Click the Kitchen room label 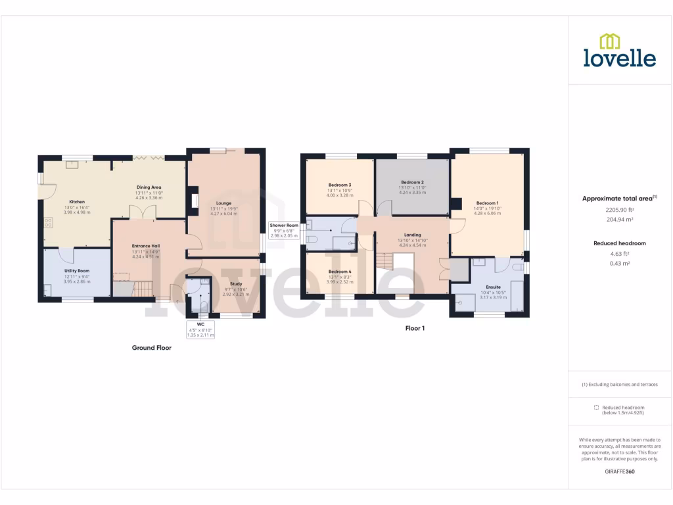77,202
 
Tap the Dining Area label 149,187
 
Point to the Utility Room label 77,270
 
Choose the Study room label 235,284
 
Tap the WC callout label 201,324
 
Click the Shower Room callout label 284,225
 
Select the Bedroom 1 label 488,203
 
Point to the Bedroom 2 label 412,182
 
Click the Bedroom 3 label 340,185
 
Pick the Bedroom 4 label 340,272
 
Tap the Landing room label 412,235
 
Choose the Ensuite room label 493,287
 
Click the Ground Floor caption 152,348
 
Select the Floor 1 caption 415,328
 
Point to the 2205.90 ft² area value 619,210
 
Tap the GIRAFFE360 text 620,471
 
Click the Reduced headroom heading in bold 619,243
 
